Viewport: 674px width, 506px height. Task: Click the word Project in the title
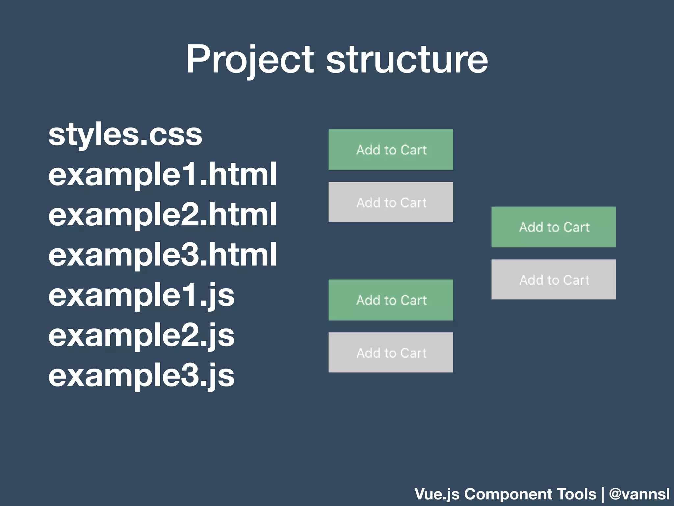250,60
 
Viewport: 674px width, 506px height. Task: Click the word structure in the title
407,60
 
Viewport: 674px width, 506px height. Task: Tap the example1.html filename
163,175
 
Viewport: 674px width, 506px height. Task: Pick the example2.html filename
163,215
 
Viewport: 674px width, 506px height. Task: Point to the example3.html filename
163,255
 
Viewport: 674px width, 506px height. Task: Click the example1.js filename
142,295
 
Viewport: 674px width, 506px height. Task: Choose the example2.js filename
142,335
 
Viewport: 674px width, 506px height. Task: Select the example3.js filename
142,376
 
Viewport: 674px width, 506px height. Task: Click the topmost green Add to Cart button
391,150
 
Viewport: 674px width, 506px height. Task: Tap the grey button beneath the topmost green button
391,202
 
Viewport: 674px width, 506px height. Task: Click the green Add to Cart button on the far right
554,227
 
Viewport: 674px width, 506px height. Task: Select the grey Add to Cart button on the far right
554,279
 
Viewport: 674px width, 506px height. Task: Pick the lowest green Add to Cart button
391,300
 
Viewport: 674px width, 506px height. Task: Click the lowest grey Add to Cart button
391,352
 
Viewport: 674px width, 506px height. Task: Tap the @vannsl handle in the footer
639,494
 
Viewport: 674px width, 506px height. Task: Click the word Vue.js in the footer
437,494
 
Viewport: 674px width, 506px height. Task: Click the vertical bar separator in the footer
603,494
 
